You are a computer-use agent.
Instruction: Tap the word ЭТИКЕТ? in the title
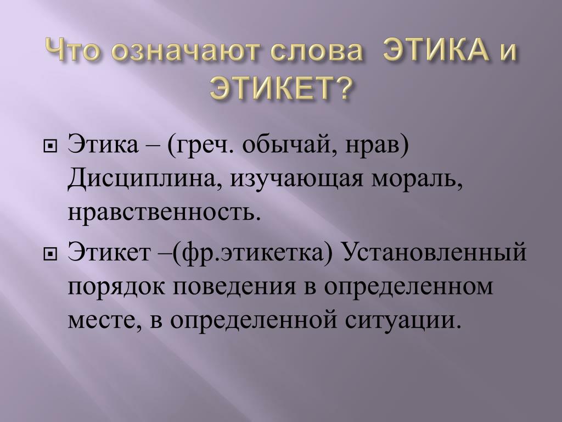[279, 87]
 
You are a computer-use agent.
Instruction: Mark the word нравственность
[163, 213]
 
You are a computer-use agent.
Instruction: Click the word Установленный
[435, 252]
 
